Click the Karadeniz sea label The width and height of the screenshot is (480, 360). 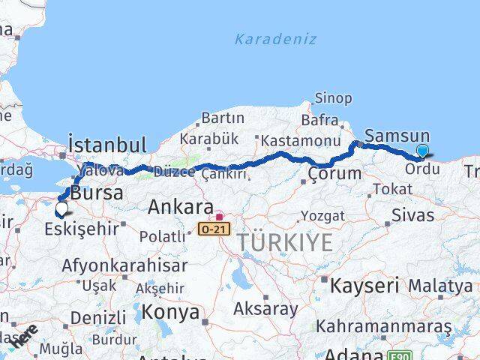(275, 39)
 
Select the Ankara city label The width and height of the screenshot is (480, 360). (180, 206)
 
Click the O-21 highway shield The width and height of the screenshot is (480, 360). (211, 227)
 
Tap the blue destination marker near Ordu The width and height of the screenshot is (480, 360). (422, 151)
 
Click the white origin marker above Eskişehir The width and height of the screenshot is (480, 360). (61, 208)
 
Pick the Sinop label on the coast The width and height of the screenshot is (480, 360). (333, 97)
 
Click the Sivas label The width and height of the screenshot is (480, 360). (413, 215)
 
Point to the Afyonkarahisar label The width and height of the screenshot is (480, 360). (124, 265)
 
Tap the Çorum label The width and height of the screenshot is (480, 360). (334, 173)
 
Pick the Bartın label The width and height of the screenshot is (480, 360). (223, 118)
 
